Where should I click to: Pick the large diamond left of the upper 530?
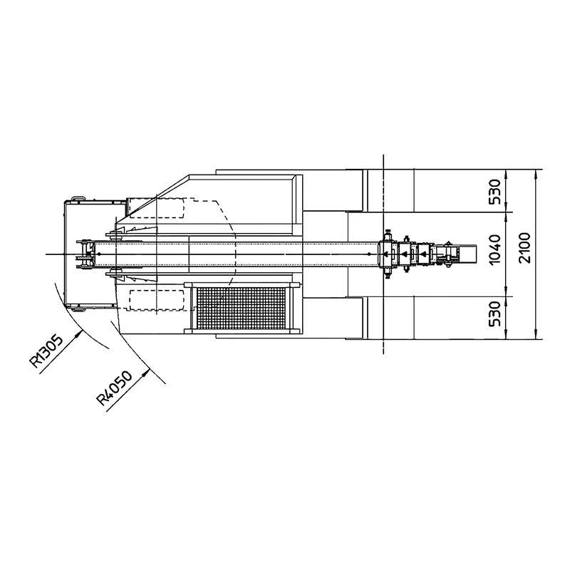click(415, 191)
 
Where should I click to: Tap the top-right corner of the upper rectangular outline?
click(296, 174)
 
